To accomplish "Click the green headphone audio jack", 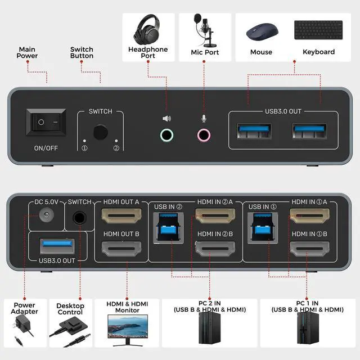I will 167,135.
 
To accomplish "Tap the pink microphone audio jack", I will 204,135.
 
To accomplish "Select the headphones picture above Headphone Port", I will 148,29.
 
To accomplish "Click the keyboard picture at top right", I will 318,29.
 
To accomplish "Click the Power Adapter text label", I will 25,308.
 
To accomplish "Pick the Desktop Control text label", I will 71,308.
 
